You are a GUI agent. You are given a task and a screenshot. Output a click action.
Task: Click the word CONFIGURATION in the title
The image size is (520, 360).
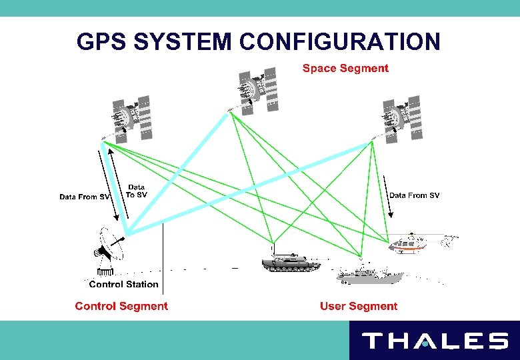pyautogui.click(x=339, y=41)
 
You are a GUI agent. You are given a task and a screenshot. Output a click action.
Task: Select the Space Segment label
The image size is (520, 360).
pyautogui.click(x=345, y=68)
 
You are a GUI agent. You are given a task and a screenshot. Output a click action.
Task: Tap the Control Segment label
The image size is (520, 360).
pyautogui.click(x=121, y=306)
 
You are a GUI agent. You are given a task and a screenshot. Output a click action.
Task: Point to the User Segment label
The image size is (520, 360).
pyautogui.click(x=359, y=306)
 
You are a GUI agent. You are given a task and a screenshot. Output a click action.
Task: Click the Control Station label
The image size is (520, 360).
pyautogui.click(x=124, y=284)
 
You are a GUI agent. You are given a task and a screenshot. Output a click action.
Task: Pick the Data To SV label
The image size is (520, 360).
pyautogui.click(x=136, y=191)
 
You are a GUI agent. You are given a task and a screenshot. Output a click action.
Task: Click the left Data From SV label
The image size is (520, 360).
pyautogui.click(x=84, y=197)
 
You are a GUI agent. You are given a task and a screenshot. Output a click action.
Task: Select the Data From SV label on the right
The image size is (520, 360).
pyautogui.click(x=414, y=195)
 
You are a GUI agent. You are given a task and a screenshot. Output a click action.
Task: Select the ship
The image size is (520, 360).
pyautogui.click(x=370, y=273)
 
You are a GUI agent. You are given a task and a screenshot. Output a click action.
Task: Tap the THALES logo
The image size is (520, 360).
pyautogui.click(x=434, y=341)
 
